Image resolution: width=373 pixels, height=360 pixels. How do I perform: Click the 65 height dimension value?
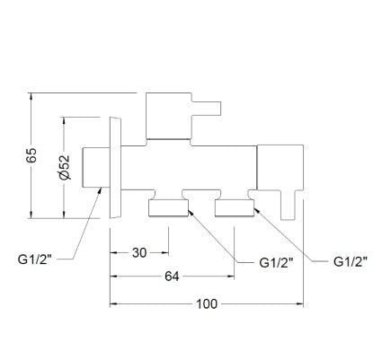click(x=31, y=155)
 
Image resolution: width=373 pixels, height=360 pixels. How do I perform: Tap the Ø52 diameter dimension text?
click(x=65, y=167)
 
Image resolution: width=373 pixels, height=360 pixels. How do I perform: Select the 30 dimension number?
click(x=139, y=253)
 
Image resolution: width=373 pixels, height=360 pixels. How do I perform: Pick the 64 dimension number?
click(x=172, y=277)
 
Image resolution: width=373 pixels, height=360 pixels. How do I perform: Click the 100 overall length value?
click(x=207, y=304)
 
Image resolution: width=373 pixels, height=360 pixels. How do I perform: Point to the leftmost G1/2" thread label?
click(x=35, y=259)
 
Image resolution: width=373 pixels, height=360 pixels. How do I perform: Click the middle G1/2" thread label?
click(x=276, y=263)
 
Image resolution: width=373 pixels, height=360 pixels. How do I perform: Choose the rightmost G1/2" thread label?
click(x=351, y=262)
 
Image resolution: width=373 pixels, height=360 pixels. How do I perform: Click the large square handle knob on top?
click(x=169, y=116)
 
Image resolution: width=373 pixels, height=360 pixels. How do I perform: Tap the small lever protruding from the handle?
click(x=207, y=109)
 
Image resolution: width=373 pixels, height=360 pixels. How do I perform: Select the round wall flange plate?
click(x=116, y=168)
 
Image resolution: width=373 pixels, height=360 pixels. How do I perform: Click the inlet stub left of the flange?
click(x=96, y=167)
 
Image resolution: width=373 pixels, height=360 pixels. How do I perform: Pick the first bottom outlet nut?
click(x=169, y=208)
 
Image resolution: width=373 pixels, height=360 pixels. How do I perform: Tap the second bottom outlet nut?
click(x=235, y=208)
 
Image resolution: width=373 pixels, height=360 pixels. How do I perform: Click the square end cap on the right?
click(x=280, y=167)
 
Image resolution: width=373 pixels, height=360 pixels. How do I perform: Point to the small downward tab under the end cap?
click(x=288, y=206)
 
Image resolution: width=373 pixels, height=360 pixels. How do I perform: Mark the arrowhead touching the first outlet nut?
click(x=191, y=213)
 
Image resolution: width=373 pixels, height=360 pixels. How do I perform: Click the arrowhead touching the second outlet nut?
click(x=257, y=211)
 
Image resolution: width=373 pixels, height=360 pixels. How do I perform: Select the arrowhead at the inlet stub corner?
click(x=99, y=191)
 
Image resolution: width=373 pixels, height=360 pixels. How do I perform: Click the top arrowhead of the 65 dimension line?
click(x=31, y=97)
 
